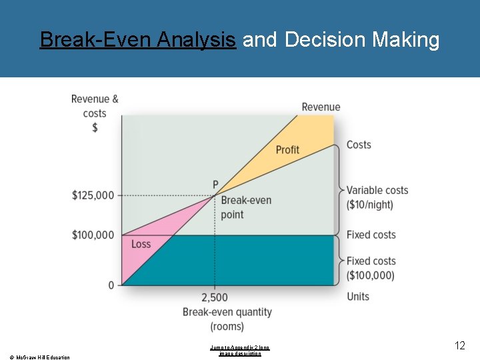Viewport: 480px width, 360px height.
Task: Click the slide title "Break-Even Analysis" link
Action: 137,40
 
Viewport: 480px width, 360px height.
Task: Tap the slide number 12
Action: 460,345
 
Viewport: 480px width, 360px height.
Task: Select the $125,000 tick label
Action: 93,195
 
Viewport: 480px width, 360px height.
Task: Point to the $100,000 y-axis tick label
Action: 93,235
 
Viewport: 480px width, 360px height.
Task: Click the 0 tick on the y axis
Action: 111,285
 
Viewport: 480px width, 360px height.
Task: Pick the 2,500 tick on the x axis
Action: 214,297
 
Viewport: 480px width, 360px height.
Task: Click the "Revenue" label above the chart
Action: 321,107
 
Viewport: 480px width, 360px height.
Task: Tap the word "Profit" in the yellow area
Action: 287,149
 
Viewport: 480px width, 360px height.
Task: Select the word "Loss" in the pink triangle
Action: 141,244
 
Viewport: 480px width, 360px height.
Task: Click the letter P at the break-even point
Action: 215,184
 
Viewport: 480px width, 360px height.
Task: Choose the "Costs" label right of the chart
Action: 359,145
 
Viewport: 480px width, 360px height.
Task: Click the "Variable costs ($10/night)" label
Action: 377,197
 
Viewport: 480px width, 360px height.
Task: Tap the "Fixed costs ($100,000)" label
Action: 371,268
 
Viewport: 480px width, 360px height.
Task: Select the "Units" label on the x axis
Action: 358,297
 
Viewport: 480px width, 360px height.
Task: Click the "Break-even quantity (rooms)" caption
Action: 227,319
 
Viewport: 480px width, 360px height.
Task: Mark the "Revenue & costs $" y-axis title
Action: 95,113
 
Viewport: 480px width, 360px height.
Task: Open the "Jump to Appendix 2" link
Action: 240,350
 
